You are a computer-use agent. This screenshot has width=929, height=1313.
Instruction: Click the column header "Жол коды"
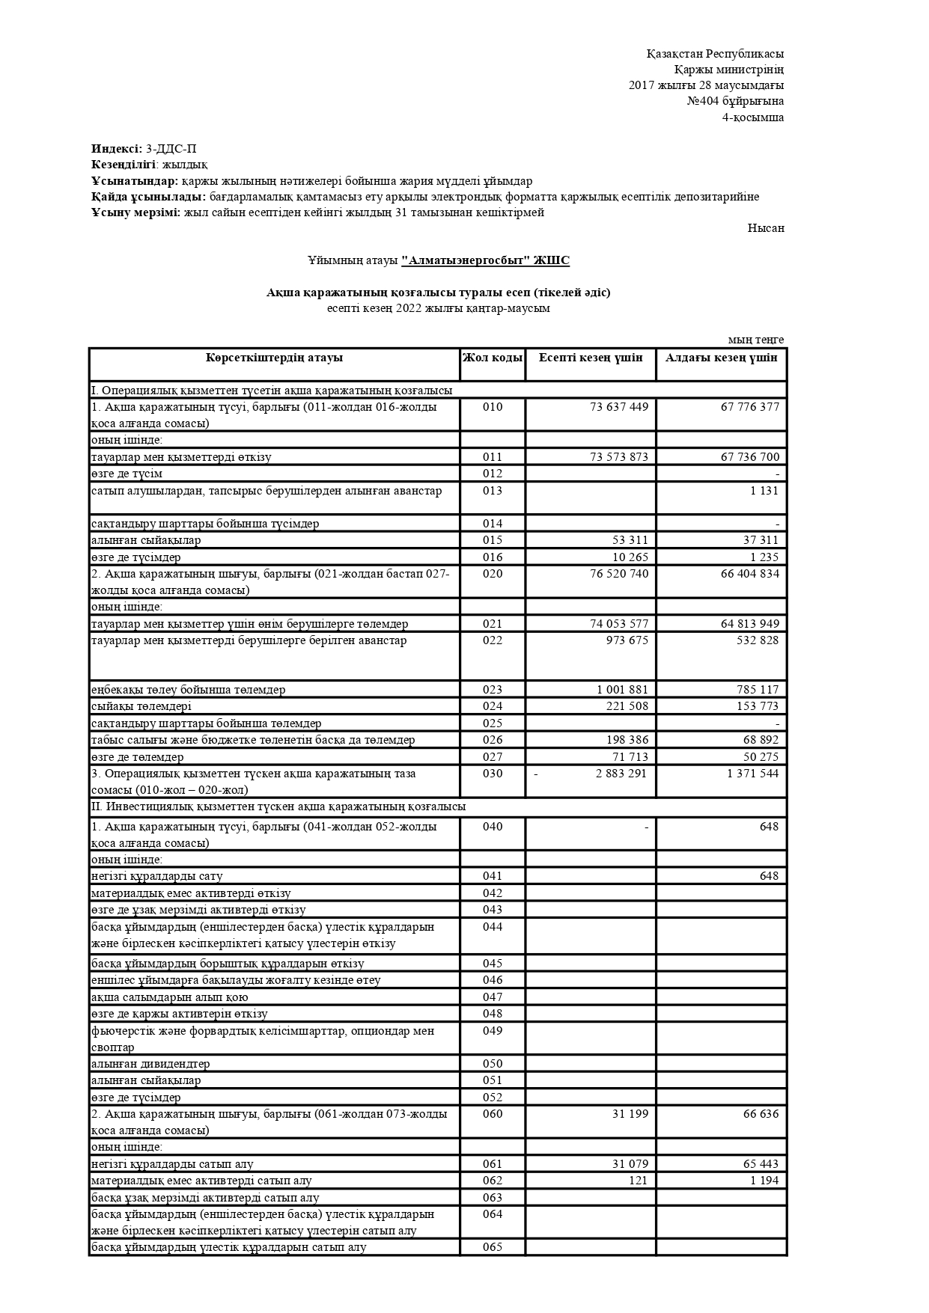[x=492, y=358]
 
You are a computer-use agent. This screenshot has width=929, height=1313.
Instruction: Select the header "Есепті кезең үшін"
[x=591, y=358]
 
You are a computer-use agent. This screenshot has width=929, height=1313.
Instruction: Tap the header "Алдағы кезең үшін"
[x=721, y=358]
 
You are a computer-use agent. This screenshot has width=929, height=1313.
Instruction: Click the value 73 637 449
[x=619, y=407]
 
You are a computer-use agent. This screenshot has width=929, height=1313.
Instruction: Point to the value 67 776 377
[x=749, y=407]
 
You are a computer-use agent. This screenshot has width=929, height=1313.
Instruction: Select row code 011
[x=493, y=457]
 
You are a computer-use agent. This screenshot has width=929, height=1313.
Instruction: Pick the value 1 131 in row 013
[x=764, y=491]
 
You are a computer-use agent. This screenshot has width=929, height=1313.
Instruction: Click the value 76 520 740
[x=619, y=574]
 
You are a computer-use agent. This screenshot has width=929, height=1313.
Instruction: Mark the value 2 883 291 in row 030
[x=621, y=774]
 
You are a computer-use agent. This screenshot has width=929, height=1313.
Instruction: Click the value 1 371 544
[x=752, y=774]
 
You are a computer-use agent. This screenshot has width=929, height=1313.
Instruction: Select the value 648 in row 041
[x=769, y=876]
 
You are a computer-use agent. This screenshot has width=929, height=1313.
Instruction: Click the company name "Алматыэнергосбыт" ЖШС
[x=485, y=260]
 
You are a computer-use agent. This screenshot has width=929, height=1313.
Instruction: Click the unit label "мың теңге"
[x=756, y=340]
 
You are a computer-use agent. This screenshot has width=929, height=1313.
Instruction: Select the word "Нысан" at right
[x=766, y=228]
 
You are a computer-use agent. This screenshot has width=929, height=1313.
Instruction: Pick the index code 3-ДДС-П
[x=171, y=149]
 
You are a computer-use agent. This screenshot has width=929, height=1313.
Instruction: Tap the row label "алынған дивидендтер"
[x=150, y=1064]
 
